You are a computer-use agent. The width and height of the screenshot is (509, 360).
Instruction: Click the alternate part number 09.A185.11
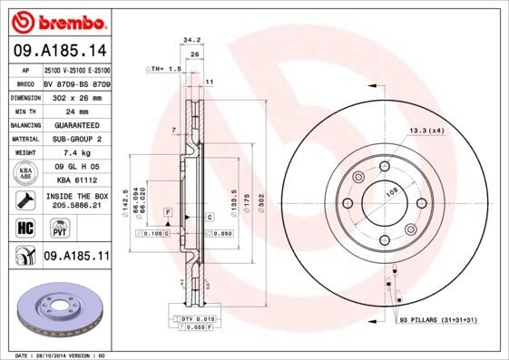pyautogui.click(x=75, y=257)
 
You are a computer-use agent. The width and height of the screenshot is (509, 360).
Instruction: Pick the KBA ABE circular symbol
pyautogui.click(x=26, y=173)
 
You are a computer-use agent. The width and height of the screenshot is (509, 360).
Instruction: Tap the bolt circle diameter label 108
pyautogui.click(x=393, y=192)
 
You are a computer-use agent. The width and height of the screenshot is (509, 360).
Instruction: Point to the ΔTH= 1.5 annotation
pyautogui.click(x=165, y=69)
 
